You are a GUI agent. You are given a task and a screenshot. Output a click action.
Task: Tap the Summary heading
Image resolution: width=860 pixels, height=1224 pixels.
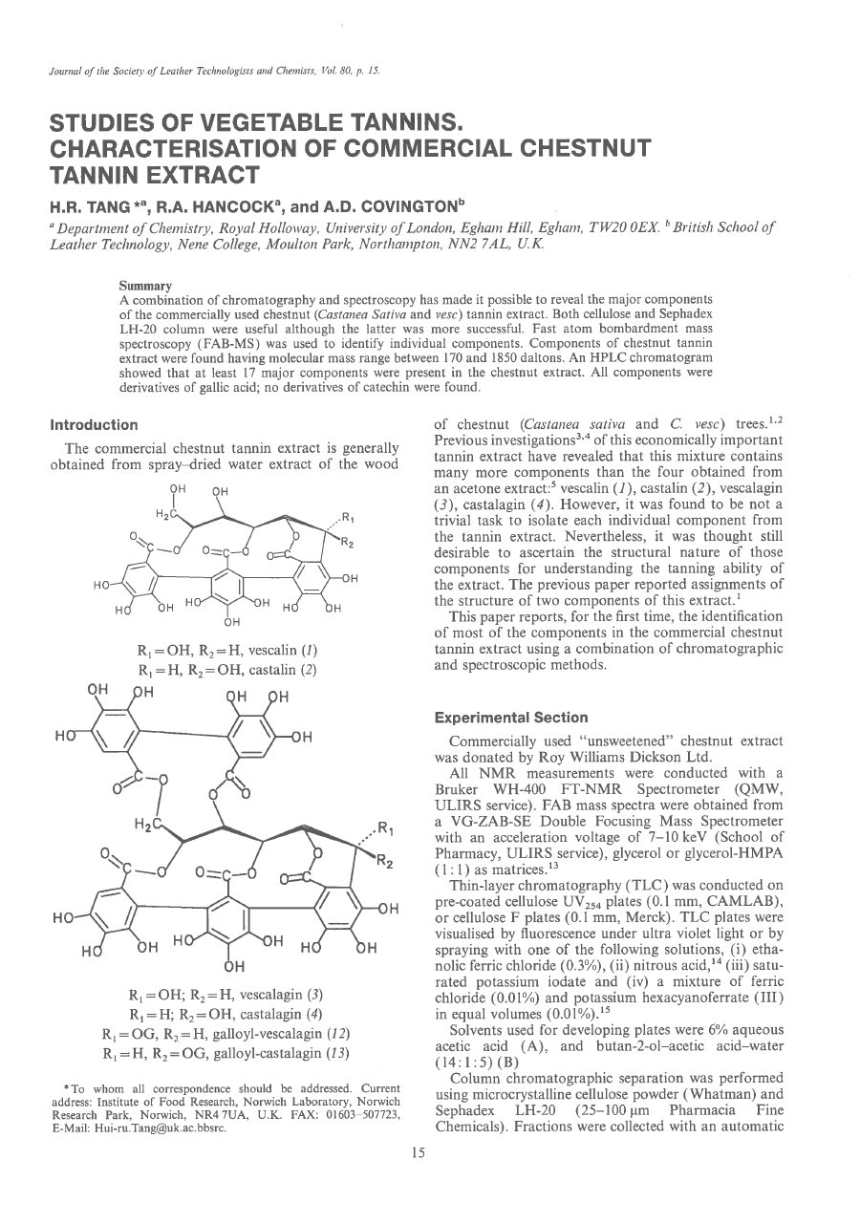(x=145, y=286)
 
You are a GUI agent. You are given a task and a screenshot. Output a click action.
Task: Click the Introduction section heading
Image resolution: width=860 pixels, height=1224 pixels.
(x=94, y=424)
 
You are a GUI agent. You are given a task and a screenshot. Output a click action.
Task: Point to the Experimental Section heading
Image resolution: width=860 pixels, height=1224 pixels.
(x=511, y=718)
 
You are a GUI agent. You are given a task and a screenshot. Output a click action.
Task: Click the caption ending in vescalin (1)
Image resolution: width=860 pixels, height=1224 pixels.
(x=228, y=651)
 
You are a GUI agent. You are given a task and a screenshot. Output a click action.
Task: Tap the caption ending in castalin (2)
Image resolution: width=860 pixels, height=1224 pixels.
(x=228, y=669)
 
